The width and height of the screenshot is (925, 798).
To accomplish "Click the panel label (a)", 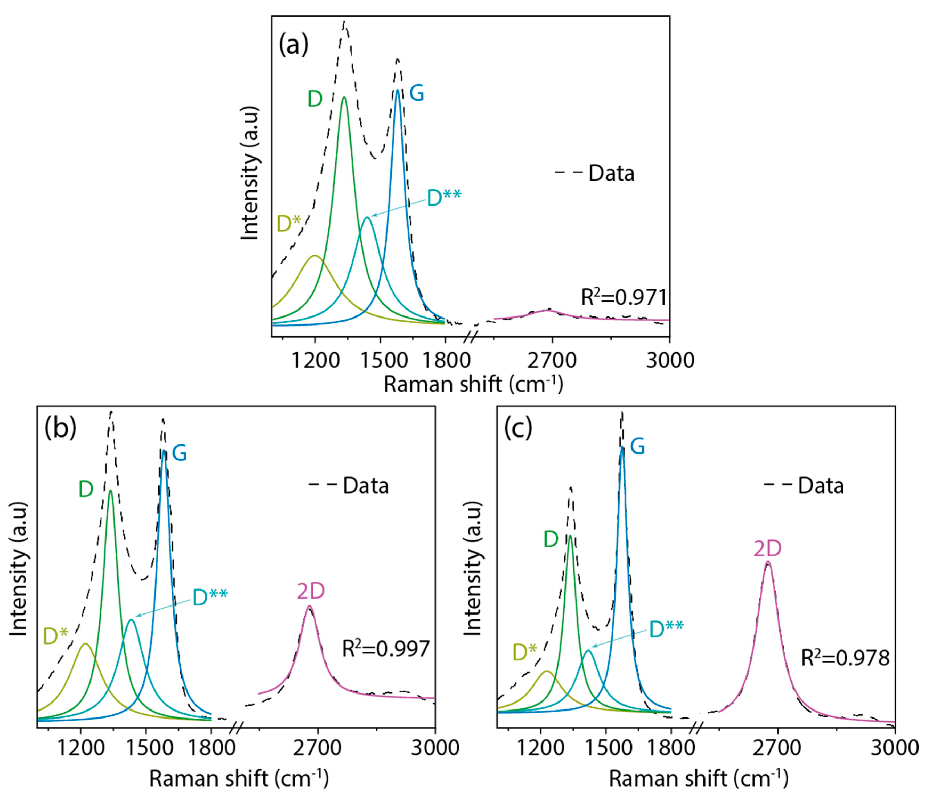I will pyautogui.click(x=293, y=45).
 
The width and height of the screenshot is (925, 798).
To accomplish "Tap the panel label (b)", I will pyautogui.click(x=60, y=428).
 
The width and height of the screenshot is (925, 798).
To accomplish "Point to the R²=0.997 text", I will pyautogui.click(x=386, y=649).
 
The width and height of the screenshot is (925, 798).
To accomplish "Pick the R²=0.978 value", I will pyautogui.click(x=845, y=658).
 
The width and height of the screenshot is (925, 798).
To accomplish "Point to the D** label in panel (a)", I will pyautogui.click(x=444, y=198).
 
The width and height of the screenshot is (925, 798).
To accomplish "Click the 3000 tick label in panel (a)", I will pyautogui.click(x=670, y=360).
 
